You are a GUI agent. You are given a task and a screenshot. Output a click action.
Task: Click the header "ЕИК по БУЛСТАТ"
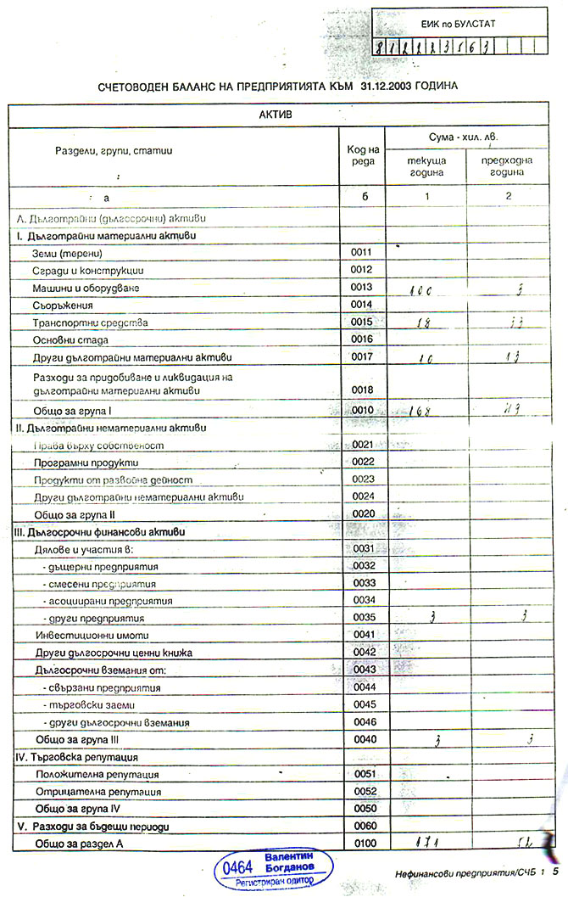point(459,24)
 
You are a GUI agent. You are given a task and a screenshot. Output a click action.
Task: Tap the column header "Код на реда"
point(362,156)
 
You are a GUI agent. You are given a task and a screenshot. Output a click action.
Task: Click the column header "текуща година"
point(426,166)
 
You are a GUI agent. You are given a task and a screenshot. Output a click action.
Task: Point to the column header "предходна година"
point(507,166)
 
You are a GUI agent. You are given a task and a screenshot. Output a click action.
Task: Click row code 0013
point(362,288)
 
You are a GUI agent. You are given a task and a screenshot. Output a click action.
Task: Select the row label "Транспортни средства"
point(90,322)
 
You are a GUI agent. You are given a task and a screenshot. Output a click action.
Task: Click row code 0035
point(363,617)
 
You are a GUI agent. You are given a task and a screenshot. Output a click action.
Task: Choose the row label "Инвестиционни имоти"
point(85,635)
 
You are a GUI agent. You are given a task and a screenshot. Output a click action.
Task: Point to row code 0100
point(363,843)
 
